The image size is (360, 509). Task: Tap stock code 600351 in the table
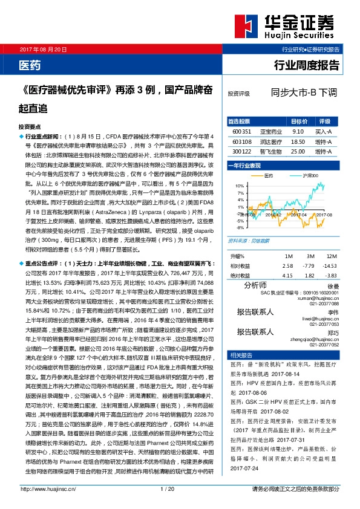coord(241,131)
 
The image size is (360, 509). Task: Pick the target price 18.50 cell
coord(297,141)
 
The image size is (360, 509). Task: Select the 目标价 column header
coord(298,120)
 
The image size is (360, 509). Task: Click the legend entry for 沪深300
coord(310,175)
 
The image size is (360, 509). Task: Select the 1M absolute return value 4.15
coord(287,258)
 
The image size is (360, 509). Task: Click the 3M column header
coord(309,239)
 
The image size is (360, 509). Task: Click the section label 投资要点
coord(30,128)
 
